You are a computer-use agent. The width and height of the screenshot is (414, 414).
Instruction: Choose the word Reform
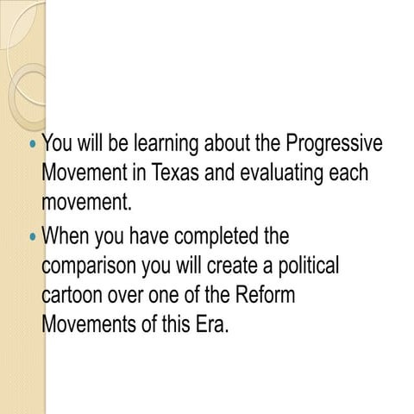(262, 295)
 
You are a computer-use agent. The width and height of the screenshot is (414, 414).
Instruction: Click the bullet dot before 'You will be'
(33, 143)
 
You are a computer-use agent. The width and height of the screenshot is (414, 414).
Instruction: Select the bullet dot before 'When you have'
(33, 235)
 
